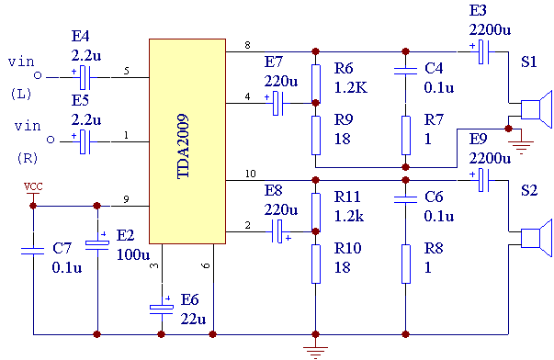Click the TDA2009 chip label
(183, 146)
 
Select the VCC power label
(33, 186)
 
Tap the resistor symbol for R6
(316, 84)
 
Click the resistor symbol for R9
(316, 135)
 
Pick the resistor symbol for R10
(316, 264)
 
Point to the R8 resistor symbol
(406, 264)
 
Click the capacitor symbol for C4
(405, 71)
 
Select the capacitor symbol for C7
(33, 252)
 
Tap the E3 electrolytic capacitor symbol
(483, 51)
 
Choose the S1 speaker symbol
(537, 109)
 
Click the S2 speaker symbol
(537, 238)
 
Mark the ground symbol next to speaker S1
(521, 146)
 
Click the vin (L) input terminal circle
(38, 75)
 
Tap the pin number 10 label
(251, 174)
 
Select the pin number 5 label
(126, 71)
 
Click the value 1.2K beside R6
(351, 87)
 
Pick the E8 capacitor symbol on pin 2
(280, 231)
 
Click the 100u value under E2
(133, 254)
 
